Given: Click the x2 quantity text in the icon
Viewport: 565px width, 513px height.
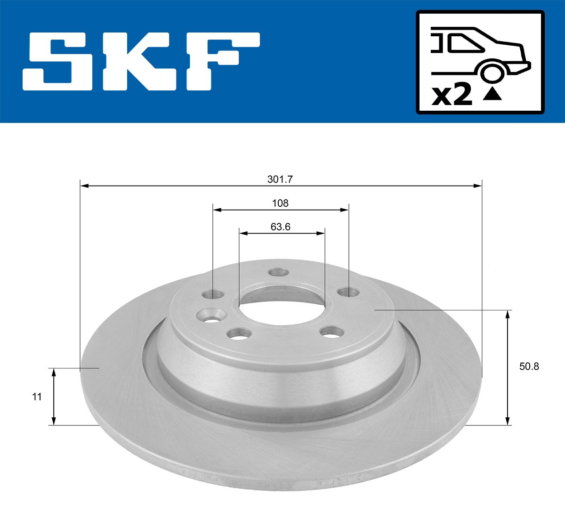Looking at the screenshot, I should [x=452, y=95].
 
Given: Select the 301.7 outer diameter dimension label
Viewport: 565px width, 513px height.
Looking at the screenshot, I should [x=280, y=179].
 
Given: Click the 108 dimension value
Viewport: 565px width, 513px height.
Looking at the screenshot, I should [x=280, y=204].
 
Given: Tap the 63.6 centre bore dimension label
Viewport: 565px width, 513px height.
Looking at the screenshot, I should [x=280, y=227].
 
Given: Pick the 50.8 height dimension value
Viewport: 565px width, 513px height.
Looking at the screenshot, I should [x=529, y=366].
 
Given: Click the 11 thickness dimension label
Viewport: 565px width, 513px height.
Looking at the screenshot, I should [x=37, y=397].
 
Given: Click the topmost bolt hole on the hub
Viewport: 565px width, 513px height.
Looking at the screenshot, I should [x=277, y=273].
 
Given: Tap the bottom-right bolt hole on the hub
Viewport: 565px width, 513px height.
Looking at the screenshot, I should [x=330, y=332].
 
